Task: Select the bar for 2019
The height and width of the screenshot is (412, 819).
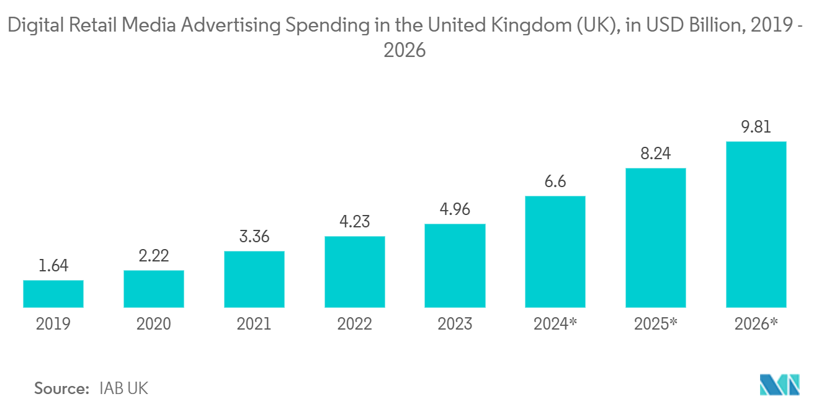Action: (53, 294)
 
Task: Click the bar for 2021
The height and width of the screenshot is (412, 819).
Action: (254, 279)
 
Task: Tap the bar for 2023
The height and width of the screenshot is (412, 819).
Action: (455, 266)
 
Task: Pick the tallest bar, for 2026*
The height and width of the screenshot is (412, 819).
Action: (756, 224)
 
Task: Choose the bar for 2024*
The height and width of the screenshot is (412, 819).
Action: (555, 252)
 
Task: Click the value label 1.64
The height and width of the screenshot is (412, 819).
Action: (53, 266)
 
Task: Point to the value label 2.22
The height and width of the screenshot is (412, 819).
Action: (154, 256)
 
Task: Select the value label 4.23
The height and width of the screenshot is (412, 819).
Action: (354, 222)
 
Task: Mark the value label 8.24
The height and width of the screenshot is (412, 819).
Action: (656, 154)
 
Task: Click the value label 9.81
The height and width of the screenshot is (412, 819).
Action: (756, 127)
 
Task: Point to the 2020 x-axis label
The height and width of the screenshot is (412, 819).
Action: (154, 323)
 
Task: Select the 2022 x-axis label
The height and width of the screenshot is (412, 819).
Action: (354, 323)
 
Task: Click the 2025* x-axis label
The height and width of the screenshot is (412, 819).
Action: (656, 323)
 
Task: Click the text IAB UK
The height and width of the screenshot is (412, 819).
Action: (123, 388)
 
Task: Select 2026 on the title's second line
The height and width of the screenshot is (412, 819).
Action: (405, 50)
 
